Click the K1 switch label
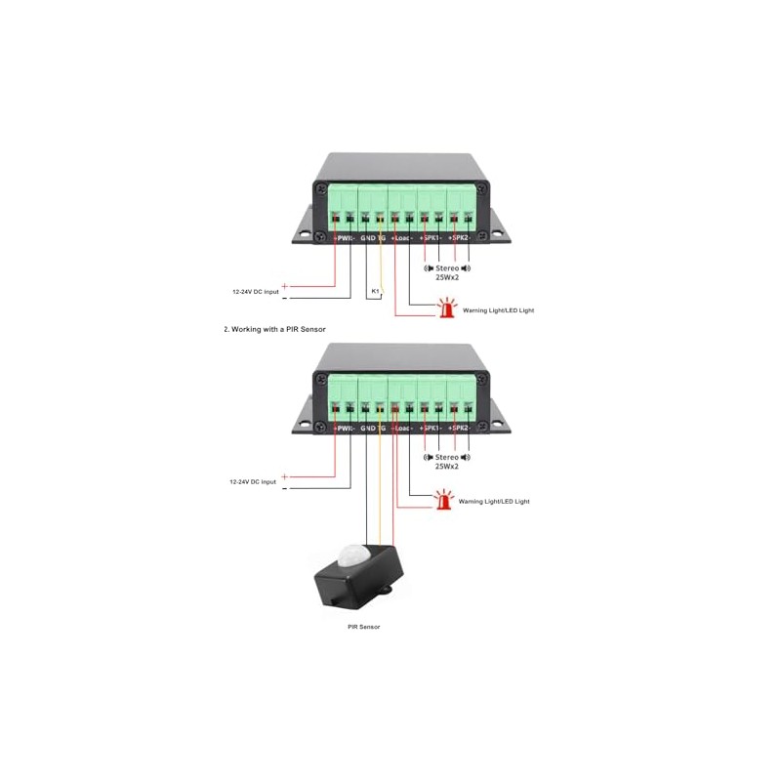[375, 291]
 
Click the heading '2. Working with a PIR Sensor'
[274, 330]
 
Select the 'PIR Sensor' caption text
[363, 626]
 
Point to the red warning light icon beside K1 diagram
[448, 309]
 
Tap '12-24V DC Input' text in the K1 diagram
[255, 291]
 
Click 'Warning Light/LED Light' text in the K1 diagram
[498, 310]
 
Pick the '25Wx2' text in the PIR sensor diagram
[446, 467]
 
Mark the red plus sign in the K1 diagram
[284, 285]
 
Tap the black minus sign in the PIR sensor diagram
[284, 488]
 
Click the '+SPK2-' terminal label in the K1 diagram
[461, 237]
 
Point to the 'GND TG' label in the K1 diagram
[374, 237]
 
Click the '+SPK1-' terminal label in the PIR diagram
[431, 429]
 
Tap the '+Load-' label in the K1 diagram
[402, 237]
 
